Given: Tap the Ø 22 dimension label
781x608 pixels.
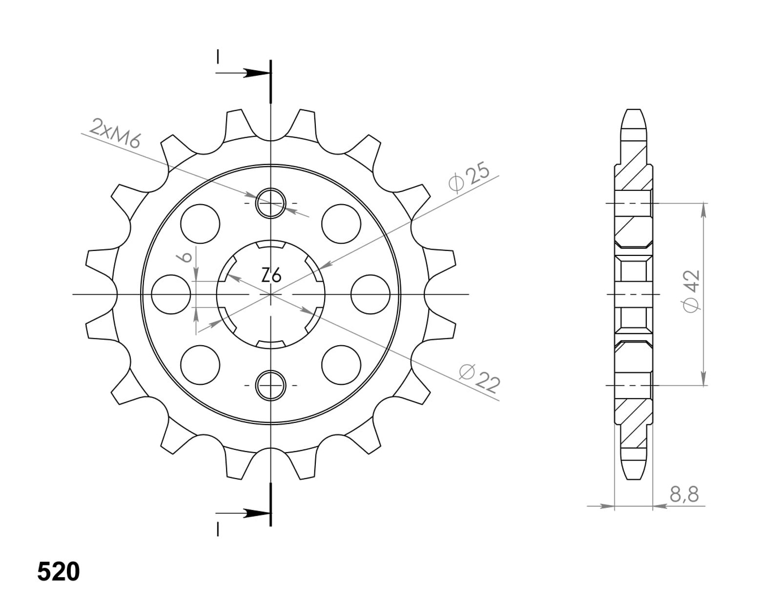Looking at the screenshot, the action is (x=479, y=378).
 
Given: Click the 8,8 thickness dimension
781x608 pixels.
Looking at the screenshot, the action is (x=684, y=495).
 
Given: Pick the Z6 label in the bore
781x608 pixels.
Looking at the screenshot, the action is (x=270, y=276).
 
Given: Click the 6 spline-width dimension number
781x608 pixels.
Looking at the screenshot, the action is (x=186, y=257).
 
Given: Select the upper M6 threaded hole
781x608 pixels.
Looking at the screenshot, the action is (x=270, y=203).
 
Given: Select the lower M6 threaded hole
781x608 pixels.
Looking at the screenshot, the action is (x=270, y=386).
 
